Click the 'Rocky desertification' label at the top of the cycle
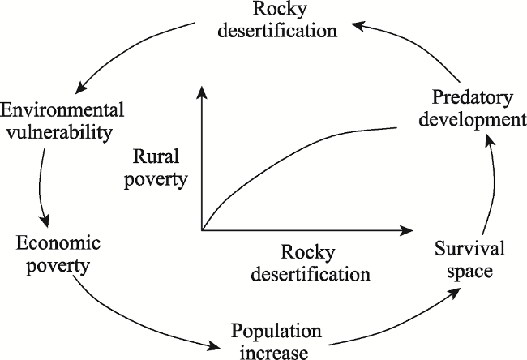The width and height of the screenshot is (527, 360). (277, 19)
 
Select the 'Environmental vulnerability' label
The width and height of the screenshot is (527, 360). (62, 122)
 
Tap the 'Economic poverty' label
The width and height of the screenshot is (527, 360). (58, 255)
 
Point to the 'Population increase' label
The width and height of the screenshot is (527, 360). (276, 341)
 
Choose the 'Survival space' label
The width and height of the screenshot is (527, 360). (469, 259)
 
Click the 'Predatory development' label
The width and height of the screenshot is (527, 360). (472, 109)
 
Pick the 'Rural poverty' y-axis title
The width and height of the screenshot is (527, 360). (156, 168)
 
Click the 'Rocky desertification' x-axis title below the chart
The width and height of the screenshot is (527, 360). (311, 264)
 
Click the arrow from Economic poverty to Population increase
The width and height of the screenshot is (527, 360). (135, 322)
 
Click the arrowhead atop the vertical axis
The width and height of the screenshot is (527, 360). (201, 92)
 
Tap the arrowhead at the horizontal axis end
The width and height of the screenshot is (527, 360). (406, 230)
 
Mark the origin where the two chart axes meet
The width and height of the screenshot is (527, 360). (202, 230)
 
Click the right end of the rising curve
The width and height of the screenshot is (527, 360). (396, 128)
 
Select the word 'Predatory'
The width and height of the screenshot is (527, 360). (472, 98)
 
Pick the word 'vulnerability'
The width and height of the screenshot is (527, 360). (59, 132)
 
